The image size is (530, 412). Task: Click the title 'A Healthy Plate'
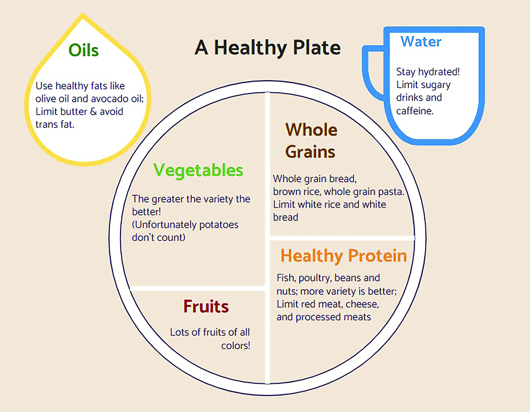(x=267, y=48)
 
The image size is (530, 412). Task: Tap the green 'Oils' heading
(x=84, y=50)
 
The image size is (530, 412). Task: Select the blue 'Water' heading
(x=421, y=41)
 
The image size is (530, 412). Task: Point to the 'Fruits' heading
(x=206, y=306)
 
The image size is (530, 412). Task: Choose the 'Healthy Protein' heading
(x=344, y=256)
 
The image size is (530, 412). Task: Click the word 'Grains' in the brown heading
(x=310, y=152)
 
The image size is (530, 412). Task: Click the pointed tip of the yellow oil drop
(x=83, y=14)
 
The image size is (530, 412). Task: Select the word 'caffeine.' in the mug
(x=415, y=111)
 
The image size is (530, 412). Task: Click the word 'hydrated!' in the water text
(x=439, y=72)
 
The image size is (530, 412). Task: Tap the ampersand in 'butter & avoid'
(x=93, y=112)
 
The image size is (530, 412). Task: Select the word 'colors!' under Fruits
(x=236, y=346)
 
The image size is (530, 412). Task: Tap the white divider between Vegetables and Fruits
(x=197, y=289)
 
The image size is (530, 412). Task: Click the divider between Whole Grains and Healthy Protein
(x=342, y=238)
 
